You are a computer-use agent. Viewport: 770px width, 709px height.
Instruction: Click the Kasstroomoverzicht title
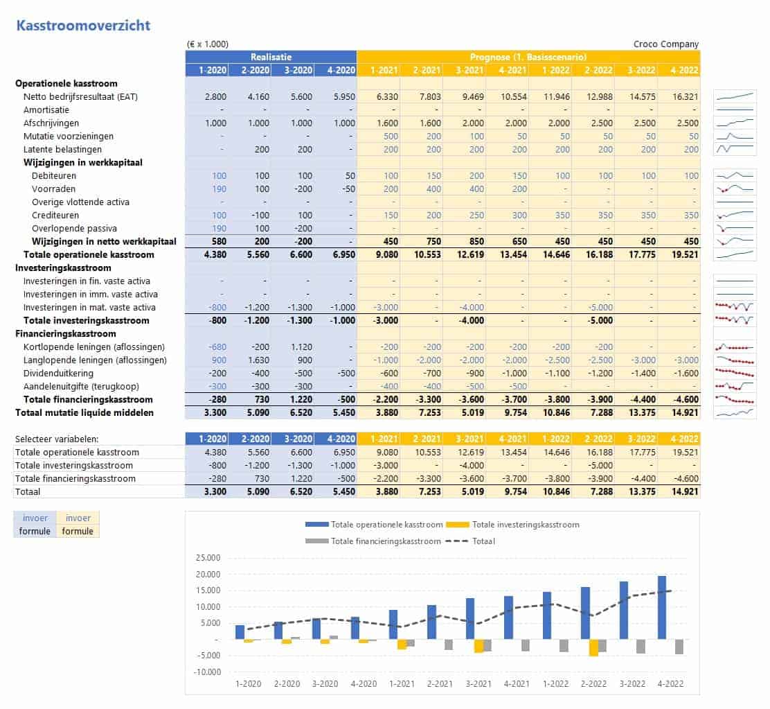83,26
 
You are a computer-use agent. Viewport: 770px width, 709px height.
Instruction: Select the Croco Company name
666,44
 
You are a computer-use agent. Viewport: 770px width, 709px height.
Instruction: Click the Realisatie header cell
271,57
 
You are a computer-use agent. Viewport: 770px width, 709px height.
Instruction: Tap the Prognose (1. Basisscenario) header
528,57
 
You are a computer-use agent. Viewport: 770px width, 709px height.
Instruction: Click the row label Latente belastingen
62,149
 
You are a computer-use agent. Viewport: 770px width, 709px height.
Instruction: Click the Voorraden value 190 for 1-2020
220,189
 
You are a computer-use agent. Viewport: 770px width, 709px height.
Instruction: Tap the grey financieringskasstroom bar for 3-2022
641,647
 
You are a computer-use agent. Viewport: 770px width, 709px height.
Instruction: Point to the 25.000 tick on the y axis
207,558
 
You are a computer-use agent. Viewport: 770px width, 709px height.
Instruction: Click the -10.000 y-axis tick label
206,672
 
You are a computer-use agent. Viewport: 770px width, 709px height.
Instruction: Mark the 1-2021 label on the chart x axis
402,683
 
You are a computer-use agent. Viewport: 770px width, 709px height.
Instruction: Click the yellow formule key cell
78,531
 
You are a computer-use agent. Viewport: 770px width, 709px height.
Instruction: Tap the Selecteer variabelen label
57,439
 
